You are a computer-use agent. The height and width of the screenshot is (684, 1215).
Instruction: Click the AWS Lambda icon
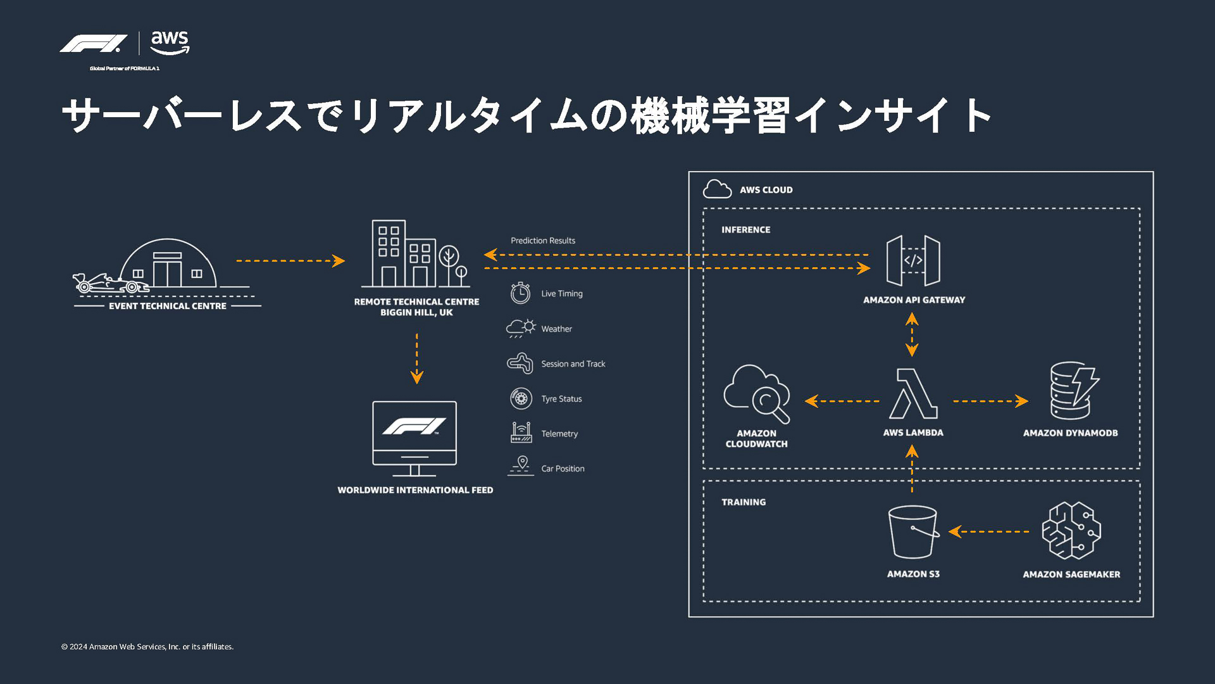click(x=913, y=394)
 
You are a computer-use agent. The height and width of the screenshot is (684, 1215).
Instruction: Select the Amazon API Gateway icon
click(x=913, y=260)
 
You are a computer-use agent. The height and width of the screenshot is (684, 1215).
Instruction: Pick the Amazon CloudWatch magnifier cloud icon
click(x=757, y=393)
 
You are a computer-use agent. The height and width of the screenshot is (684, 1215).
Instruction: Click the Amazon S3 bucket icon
click(x=913, y=532)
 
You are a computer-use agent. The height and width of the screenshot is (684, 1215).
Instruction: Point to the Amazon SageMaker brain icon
click(x=1071, y=531)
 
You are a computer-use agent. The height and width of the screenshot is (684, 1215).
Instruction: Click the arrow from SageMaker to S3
click(x=988, y=532)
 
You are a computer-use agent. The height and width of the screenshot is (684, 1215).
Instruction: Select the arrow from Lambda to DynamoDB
click(x=990, y=401)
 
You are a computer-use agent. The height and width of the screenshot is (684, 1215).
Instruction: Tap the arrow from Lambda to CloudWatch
click(x=842, y=401)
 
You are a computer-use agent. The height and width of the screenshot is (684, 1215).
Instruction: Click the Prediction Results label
click(x=543, y=241)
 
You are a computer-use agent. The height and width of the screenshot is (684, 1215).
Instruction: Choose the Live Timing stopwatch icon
click(x=520, y=293)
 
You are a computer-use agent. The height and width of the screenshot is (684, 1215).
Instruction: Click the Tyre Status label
click(x=561, y=399)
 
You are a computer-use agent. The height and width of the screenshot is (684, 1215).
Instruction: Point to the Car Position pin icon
click(x=521, y=465)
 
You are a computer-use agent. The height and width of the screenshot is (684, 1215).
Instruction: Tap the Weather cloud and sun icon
click(x=521, y=328)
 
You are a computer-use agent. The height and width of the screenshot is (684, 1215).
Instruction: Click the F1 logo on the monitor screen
click(x=414, y=426)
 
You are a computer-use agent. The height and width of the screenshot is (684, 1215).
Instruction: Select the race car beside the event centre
click(x=108, y=283)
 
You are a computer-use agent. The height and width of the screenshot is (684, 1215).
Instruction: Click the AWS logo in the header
click(x=170, y=42)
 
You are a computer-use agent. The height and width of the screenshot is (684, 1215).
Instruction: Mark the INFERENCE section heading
click(x=745, y=230)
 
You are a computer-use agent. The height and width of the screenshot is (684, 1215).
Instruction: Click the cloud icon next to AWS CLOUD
click(x=717, y=189)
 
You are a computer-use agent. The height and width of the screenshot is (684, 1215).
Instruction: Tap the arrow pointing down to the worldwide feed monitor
click(x=416, y=358)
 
